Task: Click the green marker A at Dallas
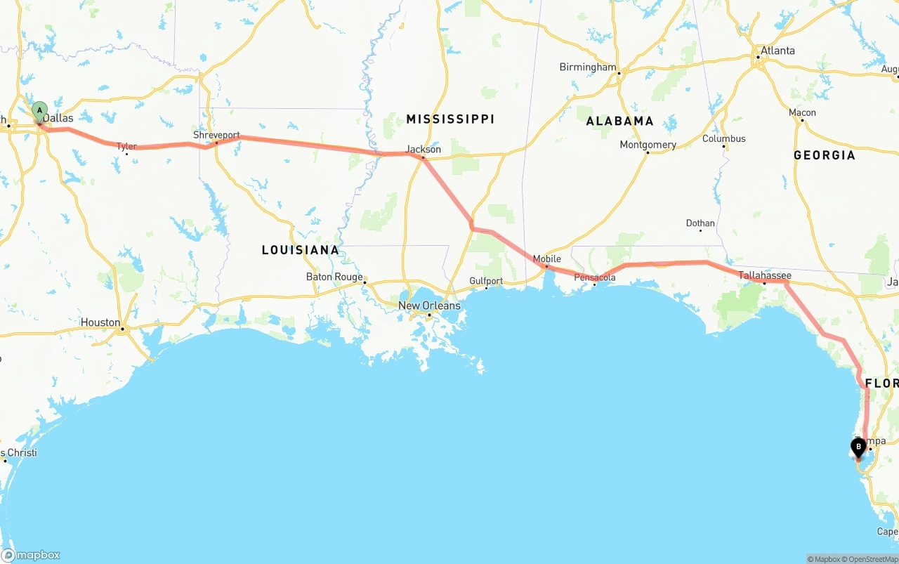[40, 110]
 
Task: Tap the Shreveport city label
[216, 135]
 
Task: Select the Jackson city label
[424, 149]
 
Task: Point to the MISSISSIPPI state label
[450, 119]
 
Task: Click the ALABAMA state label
[619, 121]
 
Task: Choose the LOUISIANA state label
[300, 250]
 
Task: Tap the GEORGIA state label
[824, 155]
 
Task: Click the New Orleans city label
[429, 306]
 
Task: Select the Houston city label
[100, 322]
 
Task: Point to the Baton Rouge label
[334, 277]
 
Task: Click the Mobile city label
[546, 259]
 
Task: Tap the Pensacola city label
[594, 277]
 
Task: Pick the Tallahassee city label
[764, 275]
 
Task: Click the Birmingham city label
[587, 67]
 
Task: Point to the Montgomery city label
[648, 145]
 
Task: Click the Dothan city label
[700, 223]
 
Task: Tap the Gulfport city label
[486, 281]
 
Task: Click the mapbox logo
[31, 555]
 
